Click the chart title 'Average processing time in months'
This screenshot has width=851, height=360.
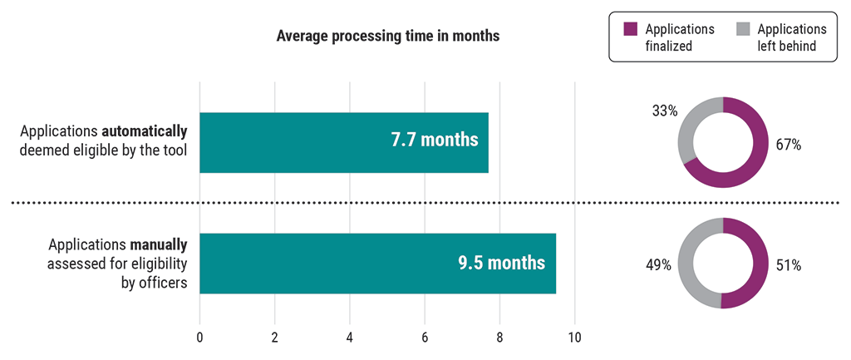click(x=387, y=37)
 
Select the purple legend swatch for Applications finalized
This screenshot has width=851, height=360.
click(x=629, y=29)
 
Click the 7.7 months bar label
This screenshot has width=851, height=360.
click(x=435, y=139)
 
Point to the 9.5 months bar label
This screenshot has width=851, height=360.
click(x=501, y=263)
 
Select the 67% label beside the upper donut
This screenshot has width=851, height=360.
click(x=789, y=145)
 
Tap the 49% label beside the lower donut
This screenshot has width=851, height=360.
click(x=660, y=266)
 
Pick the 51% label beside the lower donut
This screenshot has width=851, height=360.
click(x=789, y=266)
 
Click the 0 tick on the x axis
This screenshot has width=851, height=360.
click(x=199, y=338)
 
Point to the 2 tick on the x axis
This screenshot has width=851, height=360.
click(x=274, y=338)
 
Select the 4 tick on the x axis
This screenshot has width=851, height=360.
click(x=349, y=338)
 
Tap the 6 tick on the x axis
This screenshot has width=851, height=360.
click(x=425, y=338)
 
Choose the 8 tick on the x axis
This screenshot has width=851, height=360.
click(x=499, y=338)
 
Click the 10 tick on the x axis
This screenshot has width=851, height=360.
click(x=574, y=338)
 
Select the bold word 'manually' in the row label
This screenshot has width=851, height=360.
click(x=159, y=245)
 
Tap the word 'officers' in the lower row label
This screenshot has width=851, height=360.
click(x=162, y=282)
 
